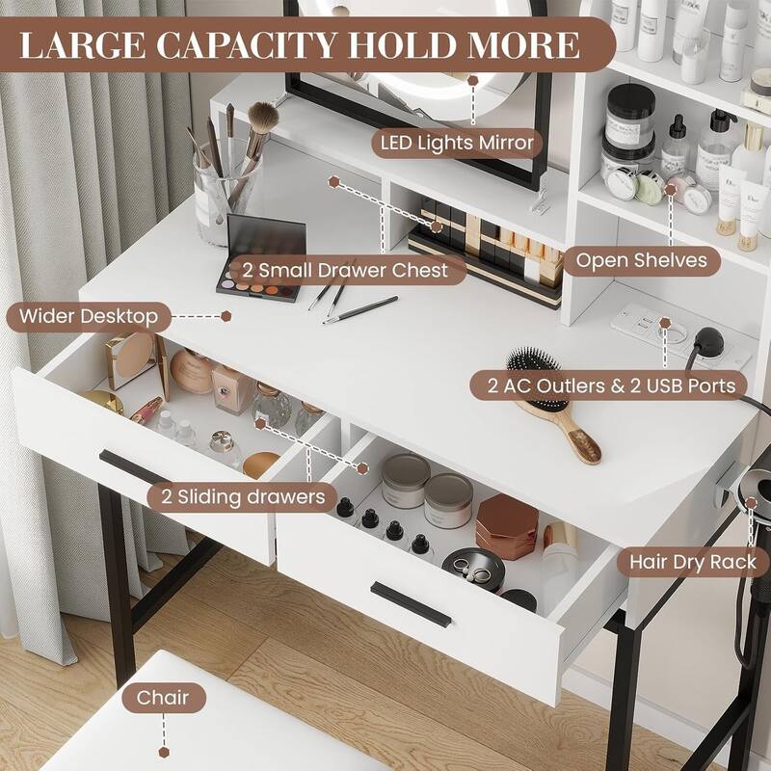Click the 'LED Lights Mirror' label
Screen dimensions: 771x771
[x=456, y=144]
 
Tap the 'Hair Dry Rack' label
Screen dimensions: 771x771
[x=693, y=561]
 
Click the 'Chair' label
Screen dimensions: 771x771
[x=163, y=697]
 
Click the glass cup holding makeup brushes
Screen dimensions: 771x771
[x=227, y=192]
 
